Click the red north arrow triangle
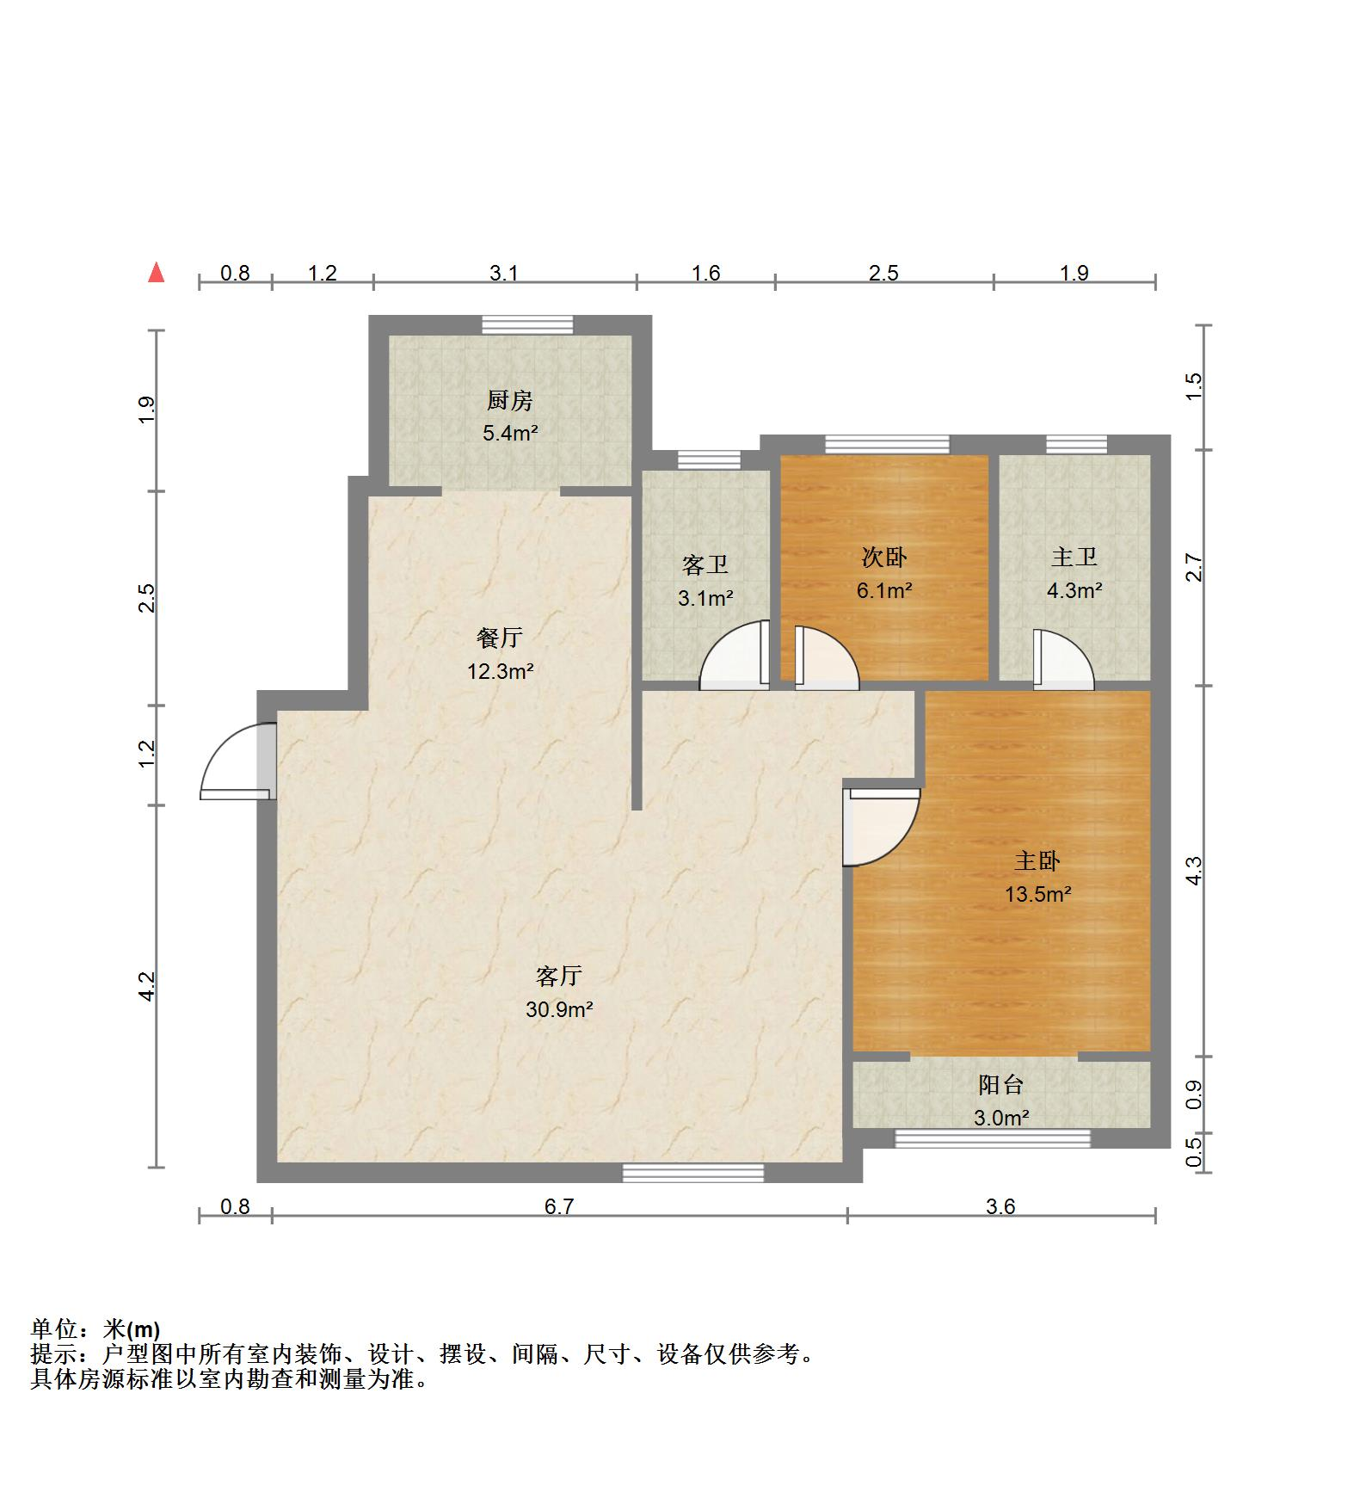click(156, 273)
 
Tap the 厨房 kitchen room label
click(510, 400)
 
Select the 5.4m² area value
click(510, 433)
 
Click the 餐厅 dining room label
click(500, 638)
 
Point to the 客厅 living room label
click(559, 976)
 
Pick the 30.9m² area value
click(559, 1008)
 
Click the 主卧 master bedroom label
click(1037, 860)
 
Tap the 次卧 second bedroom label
click(884, 558)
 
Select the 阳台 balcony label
click(1001, 1084)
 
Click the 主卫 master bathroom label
click(1074, 558)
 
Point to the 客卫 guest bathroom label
click(705, 564)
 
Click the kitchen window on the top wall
click(527, 324)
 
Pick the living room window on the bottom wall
click(693, 1172)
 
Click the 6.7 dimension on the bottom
click(559, 1206)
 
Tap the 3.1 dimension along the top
click(504, 273)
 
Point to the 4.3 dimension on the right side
click(1193, 871)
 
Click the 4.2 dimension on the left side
click(148, 986)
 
